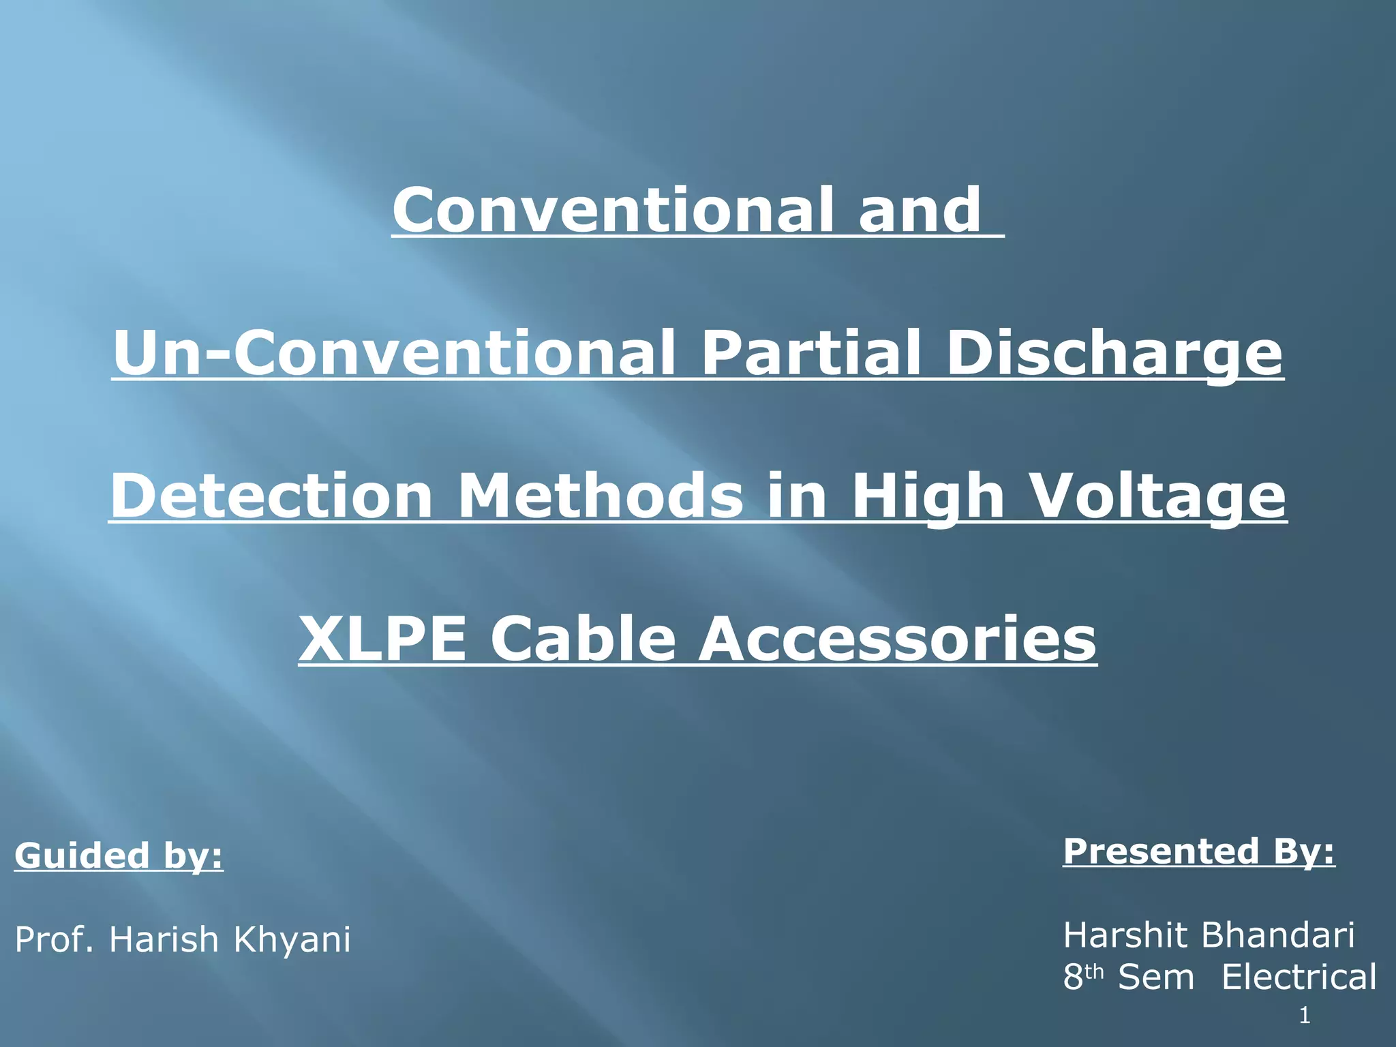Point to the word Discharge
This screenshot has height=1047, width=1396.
pos(1115,353)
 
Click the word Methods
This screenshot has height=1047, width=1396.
pos(601,496)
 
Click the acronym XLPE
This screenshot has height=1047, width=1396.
pos(382,639)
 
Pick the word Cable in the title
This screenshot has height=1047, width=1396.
pos(583,639)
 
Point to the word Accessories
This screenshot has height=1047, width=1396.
pos(898,639)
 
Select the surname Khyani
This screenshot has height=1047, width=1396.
pos(292,939)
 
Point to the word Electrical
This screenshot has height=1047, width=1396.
pos(1299,977)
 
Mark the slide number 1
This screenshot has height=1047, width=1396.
pos(1305,1016)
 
